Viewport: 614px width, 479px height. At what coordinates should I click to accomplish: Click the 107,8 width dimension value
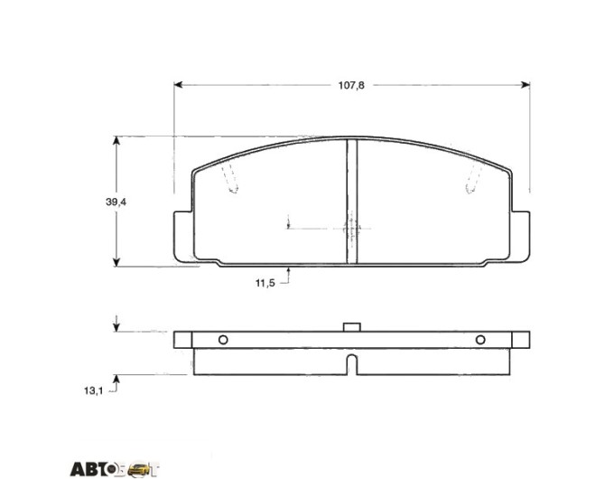click(351, 86)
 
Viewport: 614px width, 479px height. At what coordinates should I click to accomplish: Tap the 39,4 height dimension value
click(116, 202)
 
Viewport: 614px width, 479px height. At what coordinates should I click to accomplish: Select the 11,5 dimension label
click(265, 283)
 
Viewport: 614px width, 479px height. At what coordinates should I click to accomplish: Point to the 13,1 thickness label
click(93, 390)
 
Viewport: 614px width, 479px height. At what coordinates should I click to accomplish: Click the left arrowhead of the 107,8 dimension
click(178, 85)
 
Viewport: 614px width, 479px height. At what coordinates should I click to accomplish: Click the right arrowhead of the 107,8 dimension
click(526, 85)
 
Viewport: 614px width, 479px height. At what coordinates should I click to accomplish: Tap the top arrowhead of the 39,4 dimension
click(116, 141)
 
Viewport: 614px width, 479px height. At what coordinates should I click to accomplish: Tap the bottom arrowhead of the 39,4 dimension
click(116, 262)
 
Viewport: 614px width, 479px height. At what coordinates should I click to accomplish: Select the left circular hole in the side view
click(223, 340)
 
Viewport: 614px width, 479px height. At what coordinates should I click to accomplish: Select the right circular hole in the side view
click(480, 340)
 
